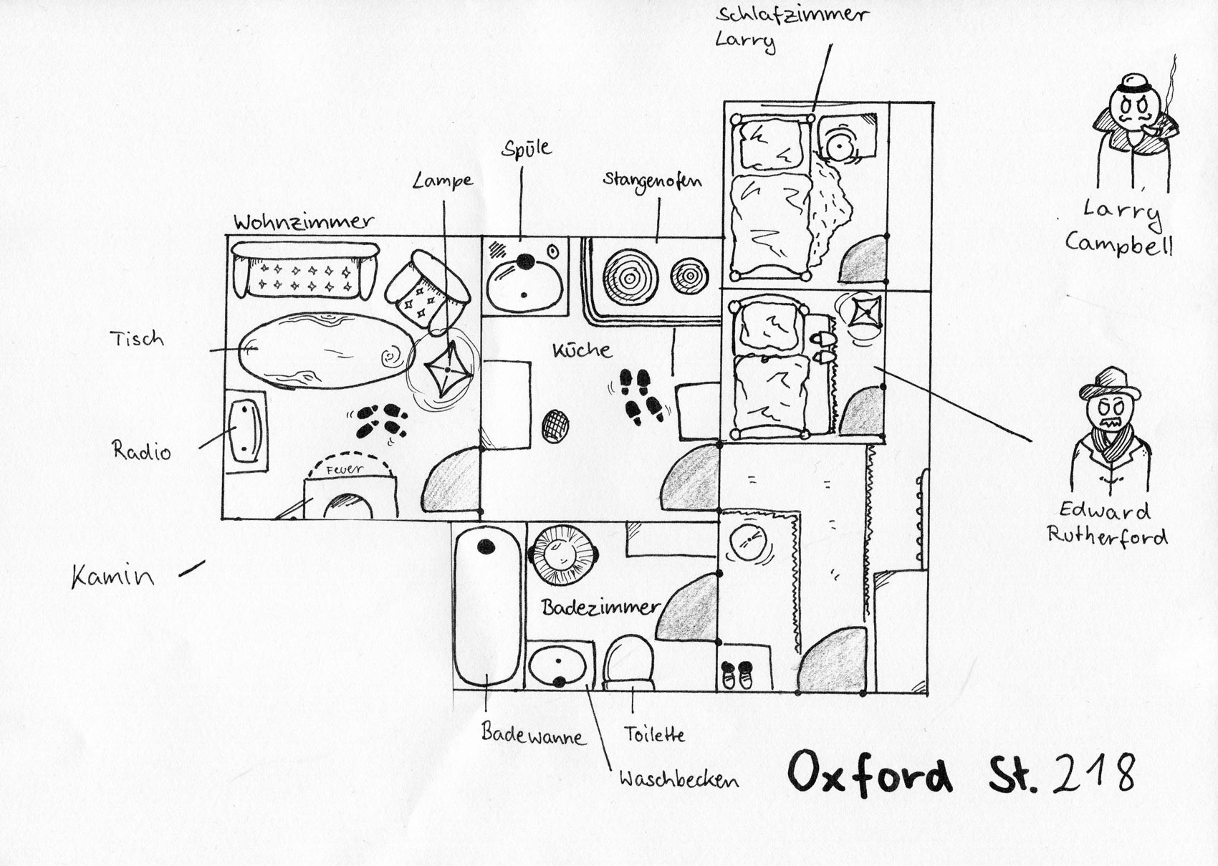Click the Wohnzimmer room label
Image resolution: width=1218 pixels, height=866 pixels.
click(303, 222)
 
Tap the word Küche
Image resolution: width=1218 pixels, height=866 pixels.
click(582, 350)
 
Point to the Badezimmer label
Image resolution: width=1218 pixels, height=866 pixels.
click(600, 607)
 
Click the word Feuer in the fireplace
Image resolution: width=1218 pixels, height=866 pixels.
click(344, 470)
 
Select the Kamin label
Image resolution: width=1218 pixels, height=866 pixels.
click(113, 576)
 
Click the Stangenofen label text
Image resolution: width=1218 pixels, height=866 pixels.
click(652, 181)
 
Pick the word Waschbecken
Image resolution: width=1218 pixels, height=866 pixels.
click(679, 780)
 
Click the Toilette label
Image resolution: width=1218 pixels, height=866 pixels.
click(653, 734)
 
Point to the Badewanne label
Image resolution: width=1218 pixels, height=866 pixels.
click(534, 734)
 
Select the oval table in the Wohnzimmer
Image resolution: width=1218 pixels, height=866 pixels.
click(326, 351)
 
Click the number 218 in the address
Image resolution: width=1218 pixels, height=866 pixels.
click(1093, 772)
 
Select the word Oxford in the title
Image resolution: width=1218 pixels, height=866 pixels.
click(870, 772)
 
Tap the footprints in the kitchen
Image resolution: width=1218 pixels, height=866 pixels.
click(641, 396)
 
